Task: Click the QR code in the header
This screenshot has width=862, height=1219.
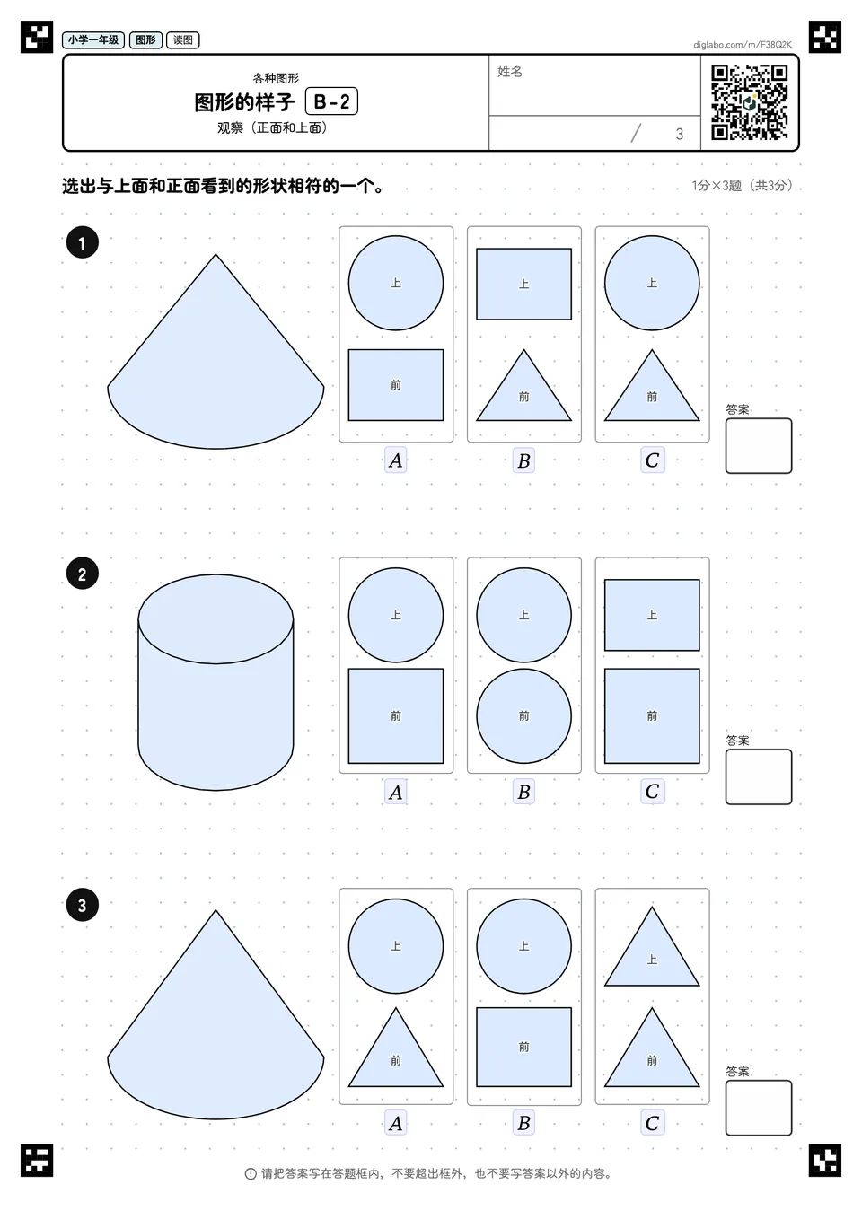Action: coord(750,102)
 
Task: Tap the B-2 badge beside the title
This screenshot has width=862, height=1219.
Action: coord(331,101)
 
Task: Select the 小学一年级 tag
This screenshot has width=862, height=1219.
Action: coord(93,39)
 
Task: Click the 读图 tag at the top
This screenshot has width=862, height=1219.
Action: coord(183,39)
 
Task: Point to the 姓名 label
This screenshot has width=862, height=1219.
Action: coord(510,71)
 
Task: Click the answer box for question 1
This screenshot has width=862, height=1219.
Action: coord(759,446)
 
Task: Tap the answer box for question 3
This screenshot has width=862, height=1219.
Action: coord(759,1108)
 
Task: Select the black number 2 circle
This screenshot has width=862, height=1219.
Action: coord(83,574)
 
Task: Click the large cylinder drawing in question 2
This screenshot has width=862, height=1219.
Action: coord(215,682)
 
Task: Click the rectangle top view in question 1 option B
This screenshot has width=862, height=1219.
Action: coord(524,284)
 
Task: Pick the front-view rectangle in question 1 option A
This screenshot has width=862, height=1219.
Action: coord(396,385)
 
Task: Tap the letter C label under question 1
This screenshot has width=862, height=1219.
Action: coord(652,460)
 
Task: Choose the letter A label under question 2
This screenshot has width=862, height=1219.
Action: coord(396,792)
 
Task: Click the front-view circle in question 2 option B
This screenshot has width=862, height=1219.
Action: coord(524,715)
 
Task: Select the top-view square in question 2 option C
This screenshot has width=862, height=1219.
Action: coord(652,615)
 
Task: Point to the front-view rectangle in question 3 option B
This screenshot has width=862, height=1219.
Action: coord(524,1047)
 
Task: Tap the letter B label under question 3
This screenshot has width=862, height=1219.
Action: coord(524,1123)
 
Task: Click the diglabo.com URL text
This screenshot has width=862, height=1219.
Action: coord(743,45)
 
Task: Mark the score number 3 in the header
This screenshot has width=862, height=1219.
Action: coord(680,134)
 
